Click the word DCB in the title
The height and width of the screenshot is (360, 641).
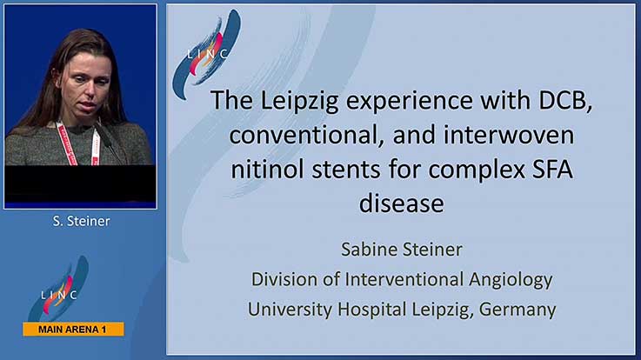[x=565, y=100]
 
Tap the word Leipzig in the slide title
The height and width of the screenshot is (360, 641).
[x=299, y=102]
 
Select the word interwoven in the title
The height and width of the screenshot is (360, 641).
[x=509, y=135]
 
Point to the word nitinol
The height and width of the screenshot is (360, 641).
[x=267, y=170]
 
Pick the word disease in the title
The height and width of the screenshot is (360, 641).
[x=402, y=203]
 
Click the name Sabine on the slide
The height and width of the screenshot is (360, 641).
[x=366, y=250]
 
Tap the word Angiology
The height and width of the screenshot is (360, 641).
[x=511, y=281]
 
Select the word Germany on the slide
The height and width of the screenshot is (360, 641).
[x=517, y=310]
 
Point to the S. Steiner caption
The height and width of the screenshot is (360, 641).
[x=82, y=221]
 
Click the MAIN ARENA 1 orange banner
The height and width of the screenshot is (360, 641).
[x=74, y=330]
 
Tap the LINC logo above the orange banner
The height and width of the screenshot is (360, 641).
[x=59, y=289]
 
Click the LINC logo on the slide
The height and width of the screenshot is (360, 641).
[x=207, y=54]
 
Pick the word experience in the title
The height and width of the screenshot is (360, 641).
[x=409, y=102]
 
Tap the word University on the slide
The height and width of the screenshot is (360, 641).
[x=290, y=310]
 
